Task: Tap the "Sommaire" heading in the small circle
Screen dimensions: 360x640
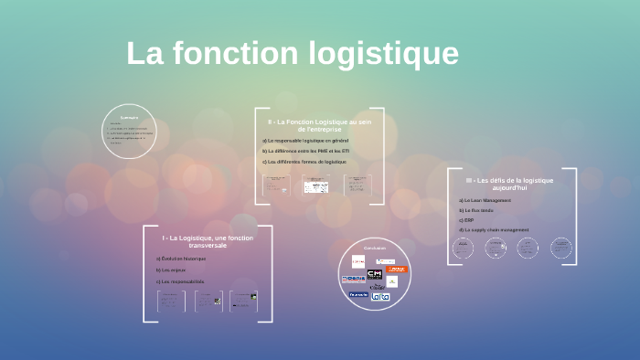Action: click(129, 116)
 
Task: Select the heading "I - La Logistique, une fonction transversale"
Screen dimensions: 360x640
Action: click(208, 241)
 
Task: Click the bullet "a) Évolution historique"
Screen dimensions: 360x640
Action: click(181, 259)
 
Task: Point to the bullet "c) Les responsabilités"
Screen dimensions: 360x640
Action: click(180, 281)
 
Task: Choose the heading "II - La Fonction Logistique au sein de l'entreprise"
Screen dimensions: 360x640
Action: click(319, 125)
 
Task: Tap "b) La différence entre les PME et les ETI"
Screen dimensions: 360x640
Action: click(305, 151)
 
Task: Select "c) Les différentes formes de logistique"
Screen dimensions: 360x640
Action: click(304, 162)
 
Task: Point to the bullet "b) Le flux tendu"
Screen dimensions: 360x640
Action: click(478, 210)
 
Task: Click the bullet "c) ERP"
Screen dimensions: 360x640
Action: click(467, 220)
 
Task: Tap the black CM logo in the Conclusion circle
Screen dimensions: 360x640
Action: click(375, 274)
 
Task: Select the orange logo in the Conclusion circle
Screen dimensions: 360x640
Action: click(396, 270)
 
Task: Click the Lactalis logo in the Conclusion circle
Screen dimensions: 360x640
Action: click(380, 296)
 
